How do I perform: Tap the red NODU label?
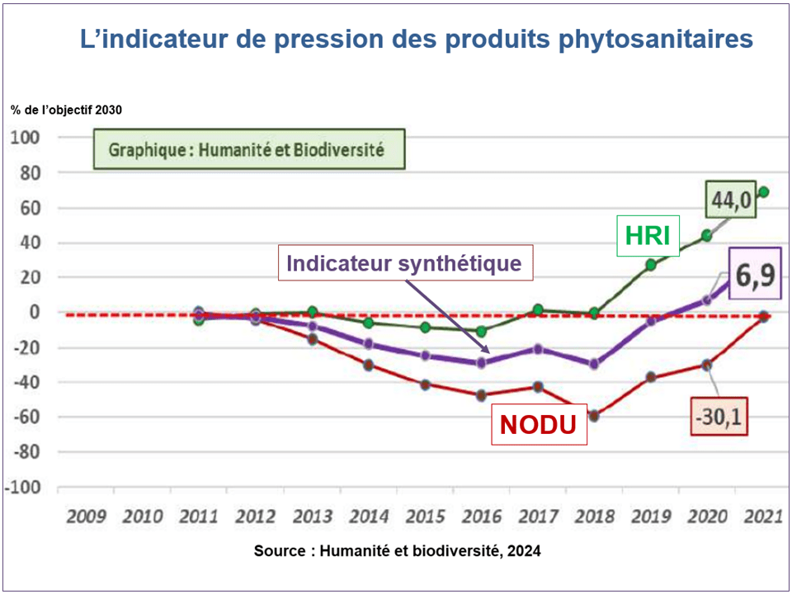click(x=539, y=425)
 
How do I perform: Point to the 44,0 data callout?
click(x=731, y=200)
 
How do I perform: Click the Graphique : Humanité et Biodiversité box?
click(x=247, y=151)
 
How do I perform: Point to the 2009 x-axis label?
click(x=86, y=517)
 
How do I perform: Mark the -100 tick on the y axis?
click(x=23, y=487)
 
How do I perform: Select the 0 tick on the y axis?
click(x=34, y=313)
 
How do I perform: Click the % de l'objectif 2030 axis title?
click(x=67, y=110)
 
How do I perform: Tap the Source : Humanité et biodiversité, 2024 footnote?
click(x=397, y=550)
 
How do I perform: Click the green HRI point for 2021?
click(x=764, y=192)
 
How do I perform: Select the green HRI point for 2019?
click(x=651, y=265)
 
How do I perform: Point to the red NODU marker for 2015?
click(x=426, y=384)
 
